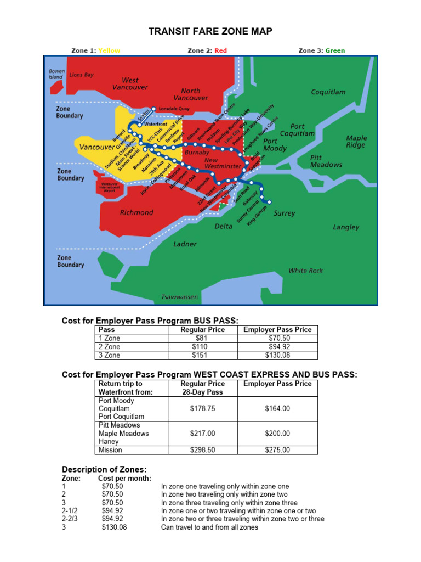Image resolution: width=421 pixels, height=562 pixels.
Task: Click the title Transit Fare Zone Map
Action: [210, 33]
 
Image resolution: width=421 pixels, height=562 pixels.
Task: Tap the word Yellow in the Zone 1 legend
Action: [109, 50]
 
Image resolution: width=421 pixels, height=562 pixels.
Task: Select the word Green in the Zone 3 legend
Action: [335, 50]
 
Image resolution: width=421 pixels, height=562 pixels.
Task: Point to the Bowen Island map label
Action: [56, 74]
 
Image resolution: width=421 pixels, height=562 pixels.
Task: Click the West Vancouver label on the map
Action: [130, 83]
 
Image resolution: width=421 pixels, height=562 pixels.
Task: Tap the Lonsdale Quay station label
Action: [174, 109]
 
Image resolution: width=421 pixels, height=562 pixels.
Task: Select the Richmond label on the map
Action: [136, 212]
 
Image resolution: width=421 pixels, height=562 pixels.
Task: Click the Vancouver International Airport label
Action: [109, 187]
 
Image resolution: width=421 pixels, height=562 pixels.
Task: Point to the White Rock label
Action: [306, 271]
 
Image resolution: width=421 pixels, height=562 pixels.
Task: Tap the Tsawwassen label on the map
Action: [179, 297]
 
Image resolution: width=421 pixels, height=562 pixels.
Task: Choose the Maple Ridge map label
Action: [356, 142]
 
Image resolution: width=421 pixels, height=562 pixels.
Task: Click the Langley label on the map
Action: [346, 227]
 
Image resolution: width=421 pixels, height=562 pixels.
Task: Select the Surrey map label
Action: [284, 213]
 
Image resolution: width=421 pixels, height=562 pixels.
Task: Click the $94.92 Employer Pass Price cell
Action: [280, 347]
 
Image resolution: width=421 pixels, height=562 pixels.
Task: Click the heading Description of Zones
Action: [104, 469]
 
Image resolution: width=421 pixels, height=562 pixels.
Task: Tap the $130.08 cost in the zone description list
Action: [114, 527]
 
